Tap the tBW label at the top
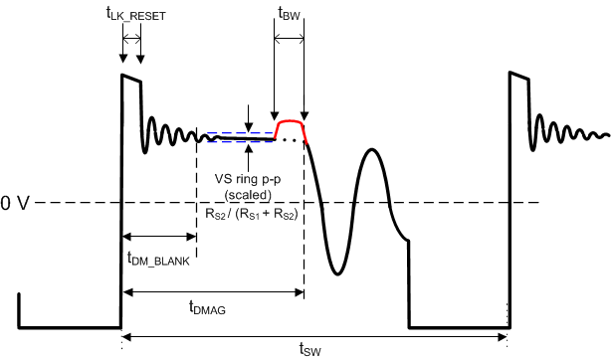(289, 14)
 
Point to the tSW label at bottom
(309, 348)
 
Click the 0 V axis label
(19, 203)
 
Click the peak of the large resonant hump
(372, 149)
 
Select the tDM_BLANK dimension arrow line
(159, 237)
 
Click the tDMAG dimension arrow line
(213, 291)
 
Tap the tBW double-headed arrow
(289, 38)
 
